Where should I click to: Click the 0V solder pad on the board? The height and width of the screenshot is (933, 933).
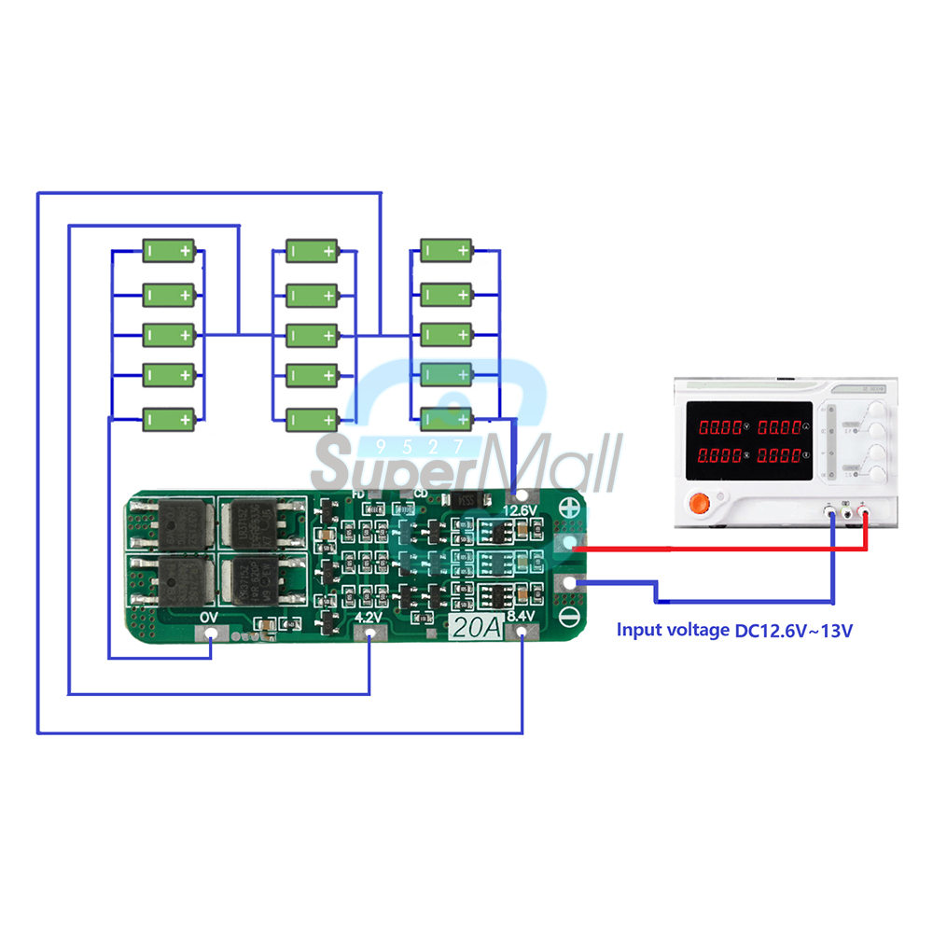click(x=212, y=634)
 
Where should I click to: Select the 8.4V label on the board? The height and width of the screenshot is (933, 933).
click(x=521, y=617)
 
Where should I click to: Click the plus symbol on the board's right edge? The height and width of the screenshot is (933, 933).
click(x=569, y=509)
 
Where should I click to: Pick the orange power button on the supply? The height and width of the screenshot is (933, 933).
click(x=698, y=505)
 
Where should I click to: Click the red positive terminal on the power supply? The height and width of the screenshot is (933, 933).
click(x=867, y=510)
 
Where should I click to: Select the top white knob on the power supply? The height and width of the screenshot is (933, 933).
click(x=873, y=413)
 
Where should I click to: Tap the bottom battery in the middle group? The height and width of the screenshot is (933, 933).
click(x=313, y=419)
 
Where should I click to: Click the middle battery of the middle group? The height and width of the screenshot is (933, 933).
click(x=313, y=334)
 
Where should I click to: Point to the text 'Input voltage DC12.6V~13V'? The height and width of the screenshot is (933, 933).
click(x=734, y=631)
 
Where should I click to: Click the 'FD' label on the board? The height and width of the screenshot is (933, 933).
click(x=357, y=493)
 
